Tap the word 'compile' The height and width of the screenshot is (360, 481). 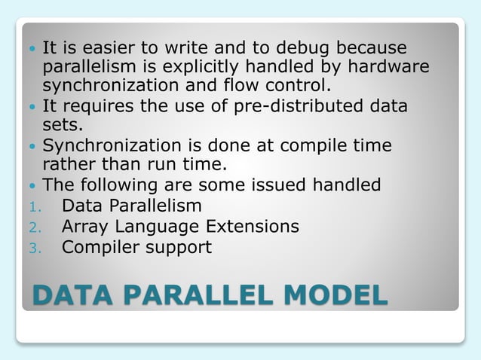[x=314, y=145]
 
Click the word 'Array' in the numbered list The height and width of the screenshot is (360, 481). [x=85, y=227]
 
